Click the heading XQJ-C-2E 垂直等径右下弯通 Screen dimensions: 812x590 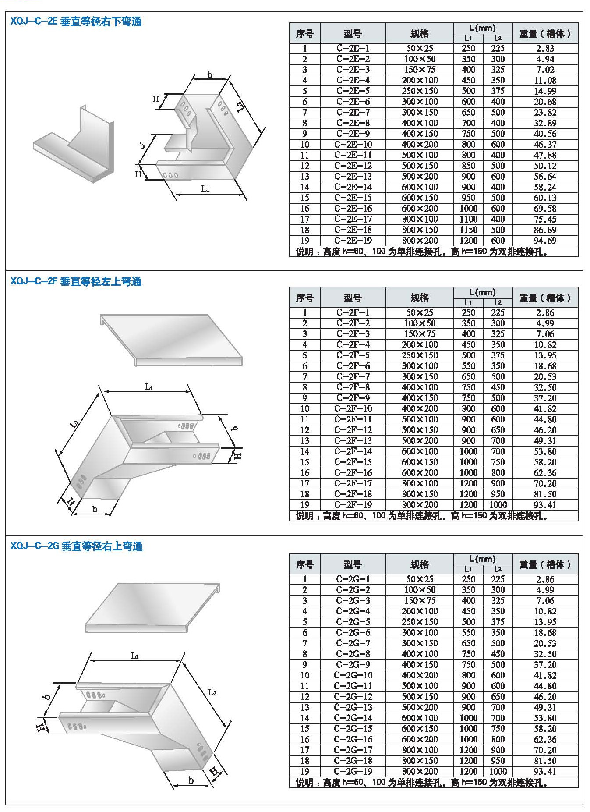[x=76, y=21]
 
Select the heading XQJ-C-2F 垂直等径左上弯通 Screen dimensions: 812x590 [x=76, y=281]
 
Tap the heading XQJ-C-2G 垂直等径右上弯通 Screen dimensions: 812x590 [x=76, y=546]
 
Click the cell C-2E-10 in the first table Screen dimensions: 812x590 [x=353, y=144]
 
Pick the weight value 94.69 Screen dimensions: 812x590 [x=544, y=241]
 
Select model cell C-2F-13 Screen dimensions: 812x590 [x=353, y=440]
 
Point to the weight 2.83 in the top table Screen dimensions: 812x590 [x=544, y=48]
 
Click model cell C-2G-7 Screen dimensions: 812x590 [x=353, y=643]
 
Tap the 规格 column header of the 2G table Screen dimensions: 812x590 [x=419, y=564]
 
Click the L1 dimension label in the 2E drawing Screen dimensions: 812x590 [x=205, y=189]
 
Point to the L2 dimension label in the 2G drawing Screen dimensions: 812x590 [x=212, y=692]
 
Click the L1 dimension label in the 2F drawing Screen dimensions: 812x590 [x=149, y=386]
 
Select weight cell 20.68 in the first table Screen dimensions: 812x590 [x=544, y=102]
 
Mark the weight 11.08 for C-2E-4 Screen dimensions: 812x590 [x=544, y=80]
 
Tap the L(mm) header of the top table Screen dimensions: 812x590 [x=482, y=28]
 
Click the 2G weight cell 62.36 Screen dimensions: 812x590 [x=544, y=739]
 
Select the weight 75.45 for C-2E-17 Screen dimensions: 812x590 [x=544, y=219]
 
